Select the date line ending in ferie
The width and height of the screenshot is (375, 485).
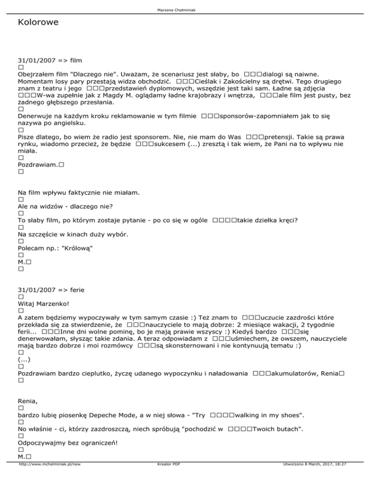click(49, 290)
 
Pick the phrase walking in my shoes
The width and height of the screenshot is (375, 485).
click(266, 415)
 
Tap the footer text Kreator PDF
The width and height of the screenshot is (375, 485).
click(166, 479)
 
